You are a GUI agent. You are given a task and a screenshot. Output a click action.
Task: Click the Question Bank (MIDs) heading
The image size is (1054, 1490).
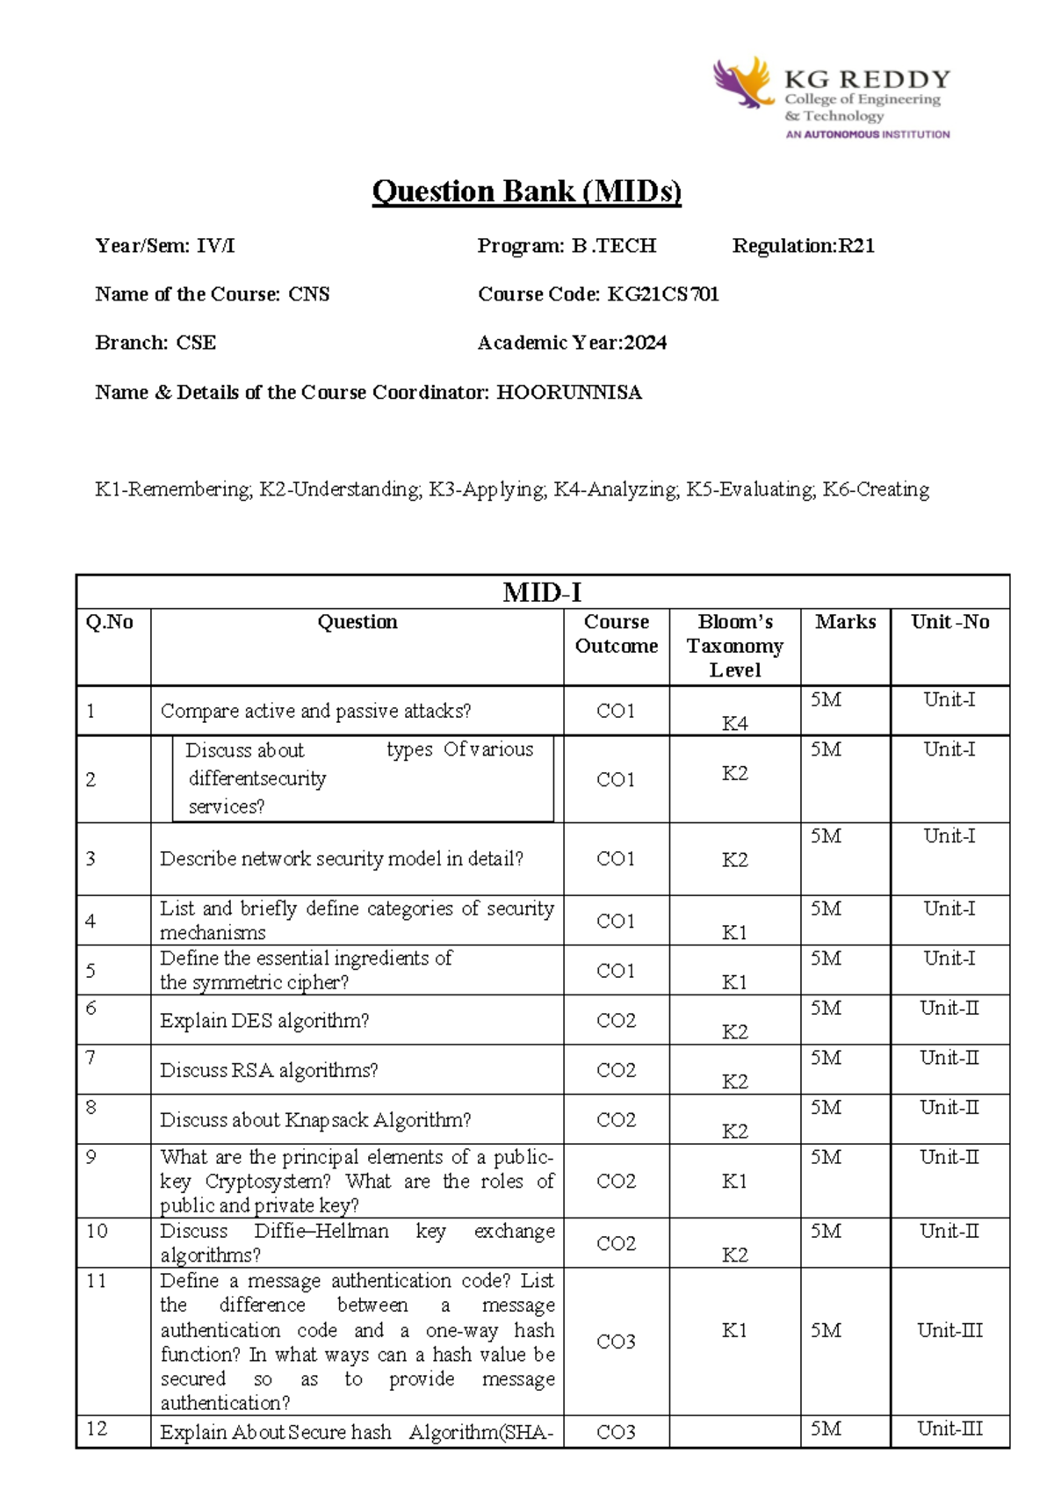pos(526,192)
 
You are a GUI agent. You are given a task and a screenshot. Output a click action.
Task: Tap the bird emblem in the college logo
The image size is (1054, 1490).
pos(743,83)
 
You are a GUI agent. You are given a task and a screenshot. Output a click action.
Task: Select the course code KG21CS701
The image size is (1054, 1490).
pos(663,294)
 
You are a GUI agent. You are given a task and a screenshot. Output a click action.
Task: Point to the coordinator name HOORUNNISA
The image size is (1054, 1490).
pos(569,393)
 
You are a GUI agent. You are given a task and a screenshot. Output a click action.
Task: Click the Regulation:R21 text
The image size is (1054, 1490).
pos(804,246)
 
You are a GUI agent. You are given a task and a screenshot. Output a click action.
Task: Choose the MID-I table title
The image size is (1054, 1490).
pos(542,592)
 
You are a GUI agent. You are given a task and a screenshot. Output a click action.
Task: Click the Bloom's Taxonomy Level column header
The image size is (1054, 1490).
pos(735,646)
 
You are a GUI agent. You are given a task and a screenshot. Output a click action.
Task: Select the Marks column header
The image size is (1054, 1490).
pos(845,622)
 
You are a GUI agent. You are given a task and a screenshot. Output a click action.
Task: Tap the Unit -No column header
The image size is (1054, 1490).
pos(949,622)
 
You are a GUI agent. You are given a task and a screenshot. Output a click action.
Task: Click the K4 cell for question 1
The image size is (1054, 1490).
pos(735,723)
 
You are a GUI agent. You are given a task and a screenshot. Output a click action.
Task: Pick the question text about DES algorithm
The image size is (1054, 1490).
pos(264,1021)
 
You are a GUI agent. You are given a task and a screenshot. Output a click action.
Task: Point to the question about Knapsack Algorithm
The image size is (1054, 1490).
pos(315,1120)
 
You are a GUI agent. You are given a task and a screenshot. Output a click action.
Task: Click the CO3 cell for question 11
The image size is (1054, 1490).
pos(616,1342)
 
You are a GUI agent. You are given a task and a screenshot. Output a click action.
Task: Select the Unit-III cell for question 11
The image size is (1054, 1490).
pos(949,1330)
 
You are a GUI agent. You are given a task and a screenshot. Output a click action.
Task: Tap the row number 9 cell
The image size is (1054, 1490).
pos(91,1157)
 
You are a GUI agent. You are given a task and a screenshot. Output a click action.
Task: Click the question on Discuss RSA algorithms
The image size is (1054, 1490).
pos(269,1070)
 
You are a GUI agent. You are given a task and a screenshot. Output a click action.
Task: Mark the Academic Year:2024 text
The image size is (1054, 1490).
pos(572,344)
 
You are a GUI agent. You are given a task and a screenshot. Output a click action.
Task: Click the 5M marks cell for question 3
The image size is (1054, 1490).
pos(826,836)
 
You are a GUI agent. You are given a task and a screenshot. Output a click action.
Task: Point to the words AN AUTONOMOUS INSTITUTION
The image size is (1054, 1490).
pos(868,134)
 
